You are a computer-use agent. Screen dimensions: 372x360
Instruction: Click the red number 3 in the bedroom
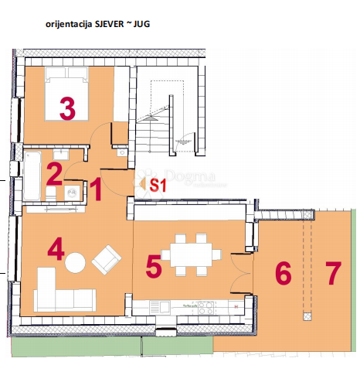67,108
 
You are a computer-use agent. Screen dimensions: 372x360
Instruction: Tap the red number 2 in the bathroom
54,172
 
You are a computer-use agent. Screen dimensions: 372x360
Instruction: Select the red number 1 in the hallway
96,189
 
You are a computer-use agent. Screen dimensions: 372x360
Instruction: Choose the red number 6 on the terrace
283,272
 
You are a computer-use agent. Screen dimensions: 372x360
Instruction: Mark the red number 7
333,272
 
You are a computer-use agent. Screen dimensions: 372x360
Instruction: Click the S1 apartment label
158,185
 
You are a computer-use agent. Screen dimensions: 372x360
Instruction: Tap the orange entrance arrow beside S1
141,183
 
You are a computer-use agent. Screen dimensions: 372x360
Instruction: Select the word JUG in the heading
141,25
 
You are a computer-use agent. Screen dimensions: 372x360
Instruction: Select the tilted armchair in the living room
105,259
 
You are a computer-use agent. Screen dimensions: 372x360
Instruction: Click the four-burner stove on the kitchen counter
206,308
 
